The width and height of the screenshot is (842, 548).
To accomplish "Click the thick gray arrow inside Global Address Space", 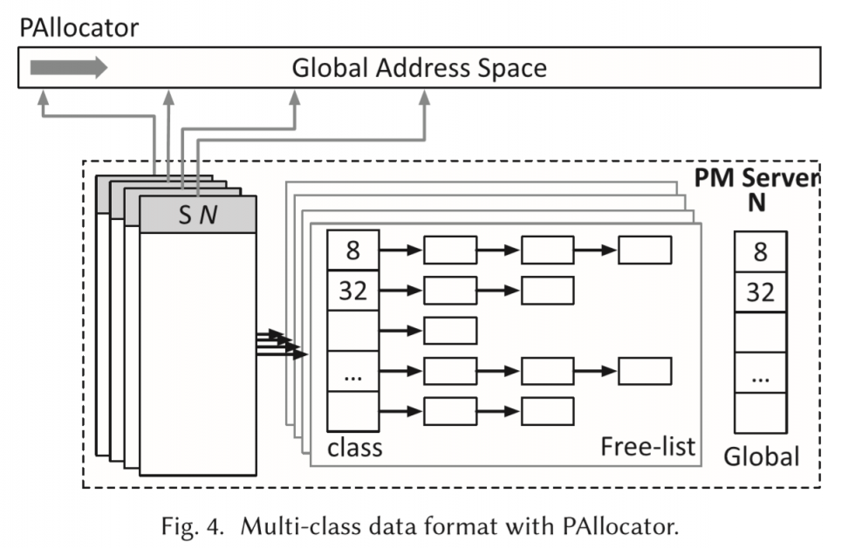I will pos(69,67).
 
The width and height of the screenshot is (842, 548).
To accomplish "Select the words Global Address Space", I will pos(419,68).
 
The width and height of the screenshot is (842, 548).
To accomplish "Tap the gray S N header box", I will pos(198,215).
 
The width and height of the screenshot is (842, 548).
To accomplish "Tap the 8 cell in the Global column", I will pos(760,251).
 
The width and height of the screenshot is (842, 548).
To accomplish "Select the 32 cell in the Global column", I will pos(760,291).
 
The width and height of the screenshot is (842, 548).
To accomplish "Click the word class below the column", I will pos(354,448).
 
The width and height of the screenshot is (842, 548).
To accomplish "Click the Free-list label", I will pos(647,447).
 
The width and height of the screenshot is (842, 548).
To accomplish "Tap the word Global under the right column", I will pos(761,455).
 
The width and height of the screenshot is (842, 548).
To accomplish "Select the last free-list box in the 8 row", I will pos(645,250).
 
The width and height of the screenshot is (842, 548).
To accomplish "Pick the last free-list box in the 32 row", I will pos(547,290).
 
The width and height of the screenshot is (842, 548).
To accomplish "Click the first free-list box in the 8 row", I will pos(450,250).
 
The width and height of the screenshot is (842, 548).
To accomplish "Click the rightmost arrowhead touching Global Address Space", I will pos(427,99).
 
